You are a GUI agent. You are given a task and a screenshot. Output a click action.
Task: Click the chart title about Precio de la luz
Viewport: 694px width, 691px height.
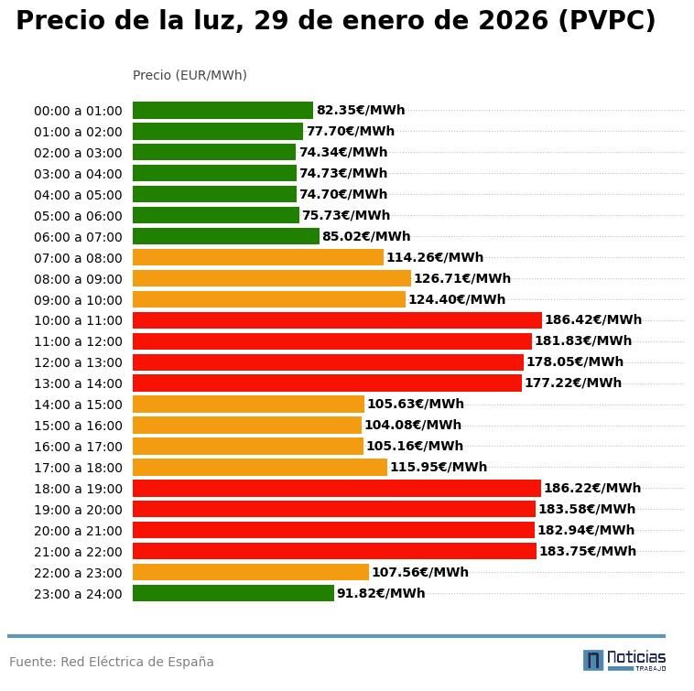click(x=335, y=21)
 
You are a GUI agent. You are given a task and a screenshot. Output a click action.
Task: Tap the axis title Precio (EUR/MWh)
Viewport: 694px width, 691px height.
click(x=190, y=75)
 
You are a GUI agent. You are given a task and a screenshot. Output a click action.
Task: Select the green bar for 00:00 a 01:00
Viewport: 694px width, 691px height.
click(x=222, y=111)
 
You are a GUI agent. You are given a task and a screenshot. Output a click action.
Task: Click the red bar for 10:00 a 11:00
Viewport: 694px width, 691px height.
click(x=337, y=320)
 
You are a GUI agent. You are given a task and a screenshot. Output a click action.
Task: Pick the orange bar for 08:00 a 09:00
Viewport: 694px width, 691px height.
click(x=271, y=278)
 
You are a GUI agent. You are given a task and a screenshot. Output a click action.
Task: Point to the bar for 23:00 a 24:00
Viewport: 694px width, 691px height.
click(x=233, y=593)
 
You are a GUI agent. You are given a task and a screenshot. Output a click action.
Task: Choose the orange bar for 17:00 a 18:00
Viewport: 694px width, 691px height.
click(x=260, y=468)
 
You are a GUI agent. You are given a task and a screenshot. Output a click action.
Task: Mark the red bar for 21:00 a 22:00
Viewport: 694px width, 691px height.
click(x=334, y=551)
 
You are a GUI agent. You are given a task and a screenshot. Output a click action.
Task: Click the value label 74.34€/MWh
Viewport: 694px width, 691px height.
click(x=343, y=153)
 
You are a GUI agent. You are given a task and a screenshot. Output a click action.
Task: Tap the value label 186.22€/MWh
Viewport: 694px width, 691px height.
click(x=592, y=489)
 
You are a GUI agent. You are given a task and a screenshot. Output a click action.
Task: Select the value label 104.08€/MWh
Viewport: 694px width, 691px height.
click(x=413, y=426)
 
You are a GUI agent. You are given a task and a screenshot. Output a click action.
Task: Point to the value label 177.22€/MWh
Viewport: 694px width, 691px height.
click(x=573, y=383)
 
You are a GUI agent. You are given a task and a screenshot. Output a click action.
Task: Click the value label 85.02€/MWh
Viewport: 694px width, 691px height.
click(x=366, y=237)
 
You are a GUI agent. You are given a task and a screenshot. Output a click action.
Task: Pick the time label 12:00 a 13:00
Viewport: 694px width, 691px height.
click(x=78, y=362)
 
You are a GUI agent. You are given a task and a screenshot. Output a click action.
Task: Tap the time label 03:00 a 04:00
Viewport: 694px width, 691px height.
click(x=78, y=174)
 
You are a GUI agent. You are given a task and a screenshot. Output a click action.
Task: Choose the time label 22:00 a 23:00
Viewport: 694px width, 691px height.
click(x=78, y=573)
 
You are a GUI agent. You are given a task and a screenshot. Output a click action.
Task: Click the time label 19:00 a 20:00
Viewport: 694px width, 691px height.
click(x=78, y=510)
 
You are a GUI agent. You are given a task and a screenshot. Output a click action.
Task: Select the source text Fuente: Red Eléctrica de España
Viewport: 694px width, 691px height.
click(x=112, y=662)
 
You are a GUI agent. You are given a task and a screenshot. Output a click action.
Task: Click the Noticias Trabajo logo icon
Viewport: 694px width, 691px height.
click(x=593, y=660)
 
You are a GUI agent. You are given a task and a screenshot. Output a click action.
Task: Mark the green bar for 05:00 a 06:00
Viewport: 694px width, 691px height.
click(x=216, y=215)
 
